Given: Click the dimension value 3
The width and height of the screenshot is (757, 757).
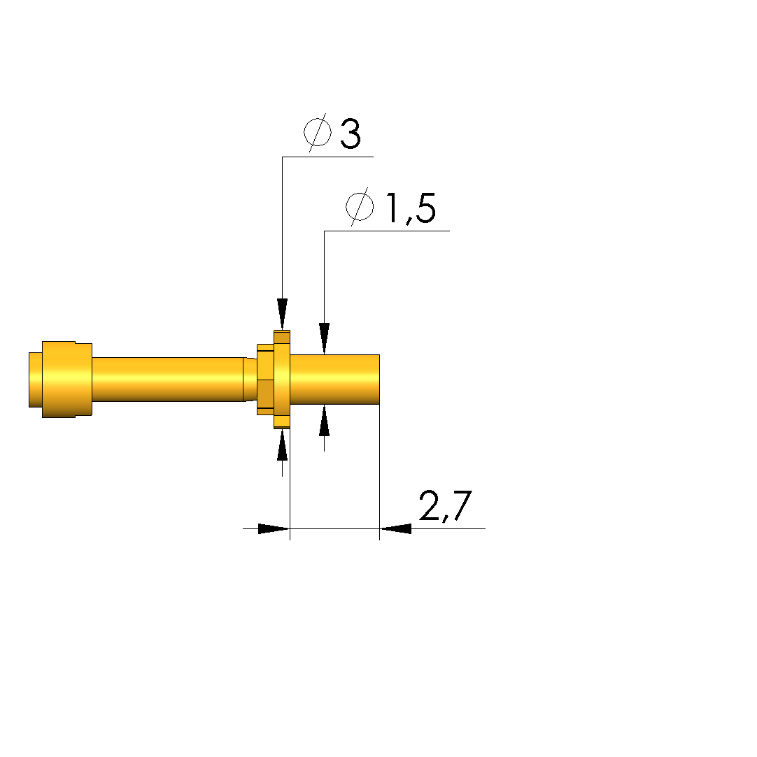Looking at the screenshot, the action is [351, 134].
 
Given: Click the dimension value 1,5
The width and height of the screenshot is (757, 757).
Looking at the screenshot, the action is [410, 208].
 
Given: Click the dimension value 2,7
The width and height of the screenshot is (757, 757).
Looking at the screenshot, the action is [445, 507].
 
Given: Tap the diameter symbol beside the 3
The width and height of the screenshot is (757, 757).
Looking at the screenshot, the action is [318, 132].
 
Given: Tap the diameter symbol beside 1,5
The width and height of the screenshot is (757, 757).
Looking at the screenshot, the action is [360, 207].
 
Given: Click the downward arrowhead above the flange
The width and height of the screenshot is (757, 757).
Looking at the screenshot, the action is [282, 315].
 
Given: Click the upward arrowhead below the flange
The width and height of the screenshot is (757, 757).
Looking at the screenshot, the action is [282, 445].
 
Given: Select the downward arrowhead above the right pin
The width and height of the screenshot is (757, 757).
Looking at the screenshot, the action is [324, 338].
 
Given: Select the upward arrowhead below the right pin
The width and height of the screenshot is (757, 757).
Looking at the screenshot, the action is [324, 421].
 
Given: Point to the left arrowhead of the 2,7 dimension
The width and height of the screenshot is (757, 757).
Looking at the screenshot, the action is [274, 528].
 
